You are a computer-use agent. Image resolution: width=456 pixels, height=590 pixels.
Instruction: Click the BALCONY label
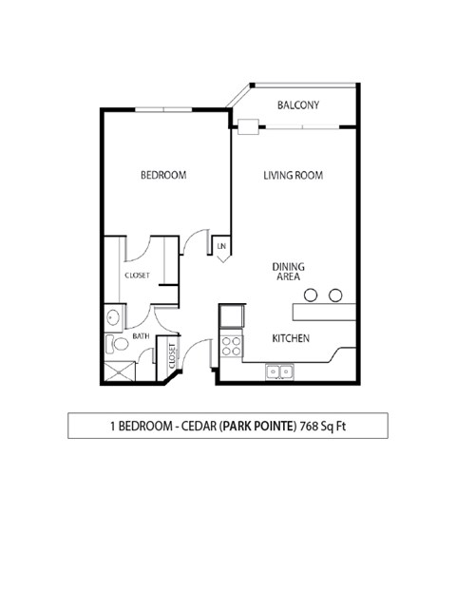coord(298,105)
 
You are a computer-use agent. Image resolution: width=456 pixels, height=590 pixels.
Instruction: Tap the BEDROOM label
coord(163,175)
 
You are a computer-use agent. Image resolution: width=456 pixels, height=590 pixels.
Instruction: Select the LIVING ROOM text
coord(294,175)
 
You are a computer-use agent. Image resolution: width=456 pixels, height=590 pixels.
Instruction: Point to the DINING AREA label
coord(287,272)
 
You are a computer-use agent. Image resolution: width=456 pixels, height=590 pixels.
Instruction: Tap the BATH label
coord(141,336)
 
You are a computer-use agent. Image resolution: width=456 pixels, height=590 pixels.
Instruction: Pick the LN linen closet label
coord(221,247)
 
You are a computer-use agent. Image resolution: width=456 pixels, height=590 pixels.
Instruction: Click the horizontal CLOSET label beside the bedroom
coord(138,276)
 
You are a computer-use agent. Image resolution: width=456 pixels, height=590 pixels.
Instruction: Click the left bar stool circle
coord(313,295)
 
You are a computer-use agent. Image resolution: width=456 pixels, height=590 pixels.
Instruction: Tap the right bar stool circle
coord(335,295)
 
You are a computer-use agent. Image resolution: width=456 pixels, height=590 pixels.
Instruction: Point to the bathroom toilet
coord(117,344)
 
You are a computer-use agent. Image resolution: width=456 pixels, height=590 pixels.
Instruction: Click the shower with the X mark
coord(120,371)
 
